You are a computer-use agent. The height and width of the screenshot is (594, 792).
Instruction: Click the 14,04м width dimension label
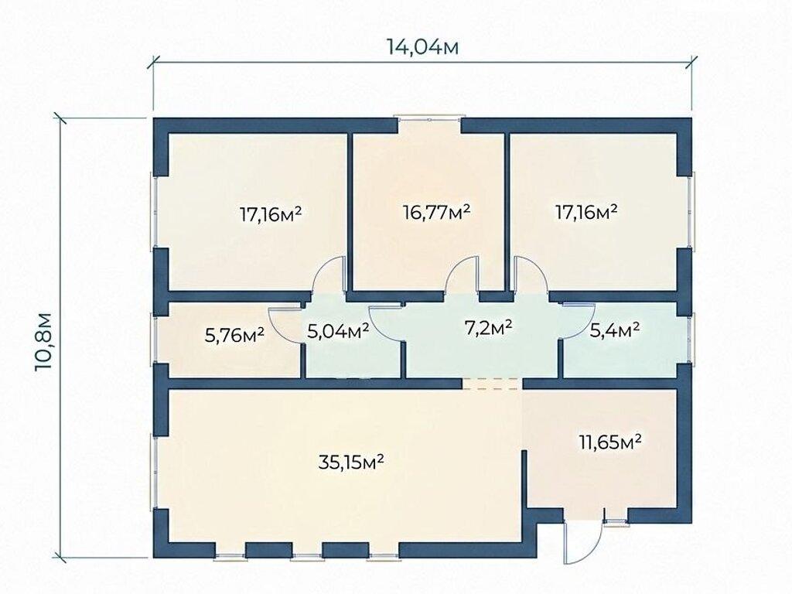pyautogui.click(x=423, y=47)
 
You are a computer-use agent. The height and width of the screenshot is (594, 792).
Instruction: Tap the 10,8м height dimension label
pyautogui.click(x=43, y=342)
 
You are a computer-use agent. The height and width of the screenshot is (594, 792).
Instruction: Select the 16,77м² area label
pyautogui.click(x=438, y=212)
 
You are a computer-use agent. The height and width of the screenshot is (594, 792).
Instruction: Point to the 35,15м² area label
pyautogui.click(x=352, y=461)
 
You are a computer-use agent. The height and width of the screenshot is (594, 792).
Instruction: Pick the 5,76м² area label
pyautogui.click(x=235, y=334)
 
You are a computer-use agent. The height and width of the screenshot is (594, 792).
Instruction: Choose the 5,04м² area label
pyautogui.click(x=339, y=331)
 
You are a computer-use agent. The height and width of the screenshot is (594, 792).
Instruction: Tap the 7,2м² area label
pyautogui.click(x=489, y=327)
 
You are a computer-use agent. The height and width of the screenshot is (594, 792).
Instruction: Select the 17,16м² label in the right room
pyautogui.click(x=586, y=211)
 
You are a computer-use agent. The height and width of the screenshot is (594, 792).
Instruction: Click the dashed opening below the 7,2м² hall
pyautogui.click(x=493, y=384)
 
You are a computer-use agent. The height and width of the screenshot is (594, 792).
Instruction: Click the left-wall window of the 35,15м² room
pyautogui.click(x=155, y=472)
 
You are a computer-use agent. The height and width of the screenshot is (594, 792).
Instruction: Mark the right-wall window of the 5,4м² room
pyautogui.click(x=693, y=338)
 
